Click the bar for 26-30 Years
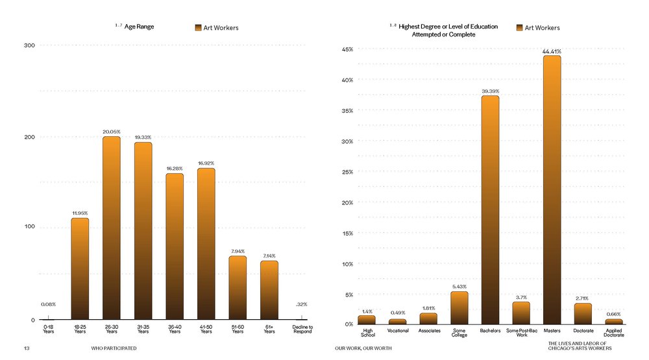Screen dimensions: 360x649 (112, 228)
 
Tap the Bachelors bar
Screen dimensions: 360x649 (490, 210)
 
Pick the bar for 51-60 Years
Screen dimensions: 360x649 (238, 288)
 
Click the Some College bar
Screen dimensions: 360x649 (459, 307)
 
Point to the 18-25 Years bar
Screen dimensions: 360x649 (80, 269)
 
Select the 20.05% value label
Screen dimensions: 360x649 (112, 132)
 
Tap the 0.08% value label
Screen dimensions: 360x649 (48, 304)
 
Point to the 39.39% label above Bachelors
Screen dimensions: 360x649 (490, 91)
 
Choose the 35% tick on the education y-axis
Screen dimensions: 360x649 (347, 111)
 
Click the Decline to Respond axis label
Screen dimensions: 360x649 (302, 330)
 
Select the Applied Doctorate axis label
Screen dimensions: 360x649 (614, 333)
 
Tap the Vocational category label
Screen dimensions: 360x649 (398, 331)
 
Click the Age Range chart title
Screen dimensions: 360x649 (139, 27)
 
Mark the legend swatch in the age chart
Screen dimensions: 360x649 (199, 28)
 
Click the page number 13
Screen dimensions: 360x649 (27, 348)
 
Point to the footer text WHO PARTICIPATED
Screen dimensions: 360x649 (114, 348)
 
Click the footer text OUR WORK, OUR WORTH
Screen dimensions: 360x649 (363, 348)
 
